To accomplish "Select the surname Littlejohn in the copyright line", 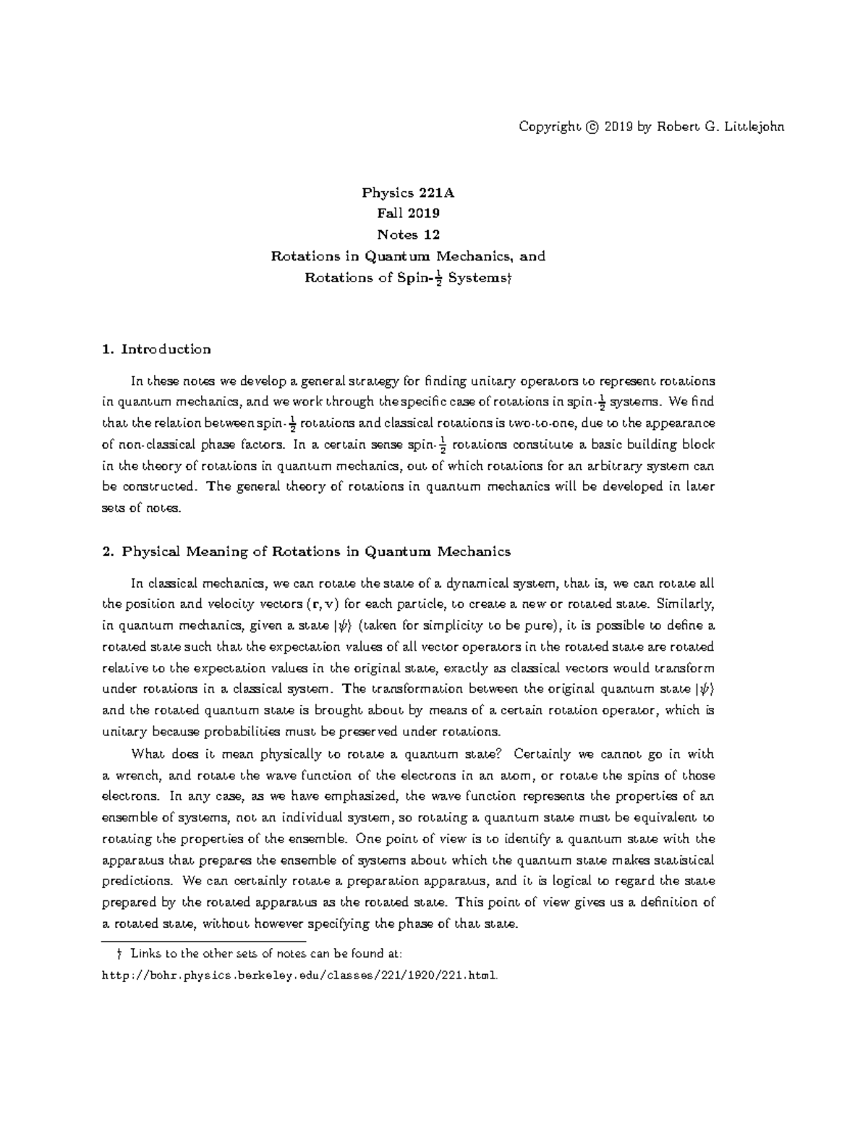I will click(x=752, y=127).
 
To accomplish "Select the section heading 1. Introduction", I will click(x=157, y=350).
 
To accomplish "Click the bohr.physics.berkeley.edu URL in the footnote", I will click(x=300, y=976).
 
